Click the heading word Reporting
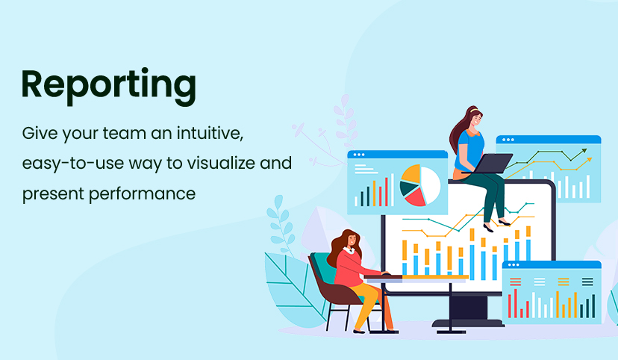click(108, 86)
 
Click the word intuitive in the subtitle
click(210, 133)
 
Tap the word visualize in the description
click(221, 163)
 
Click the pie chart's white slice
click(431, 184)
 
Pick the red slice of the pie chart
click(415, 196)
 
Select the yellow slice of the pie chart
click(411, 173)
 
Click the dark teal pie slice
click(408, 188)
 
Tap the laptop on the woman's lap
click(492, 164)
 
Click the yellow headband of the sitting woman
click(474, 110)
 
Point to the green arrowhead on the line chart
click(584, 151)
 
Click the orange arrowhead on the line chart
click(589, 160)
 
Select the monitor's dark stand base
click(468, 323)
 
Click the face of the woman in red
click(352, 240)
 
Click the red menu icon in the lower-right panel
click(516, 282)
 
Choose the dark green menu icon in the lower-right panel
click(587, 282)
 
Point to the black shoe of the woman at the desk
click(359, 332)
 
